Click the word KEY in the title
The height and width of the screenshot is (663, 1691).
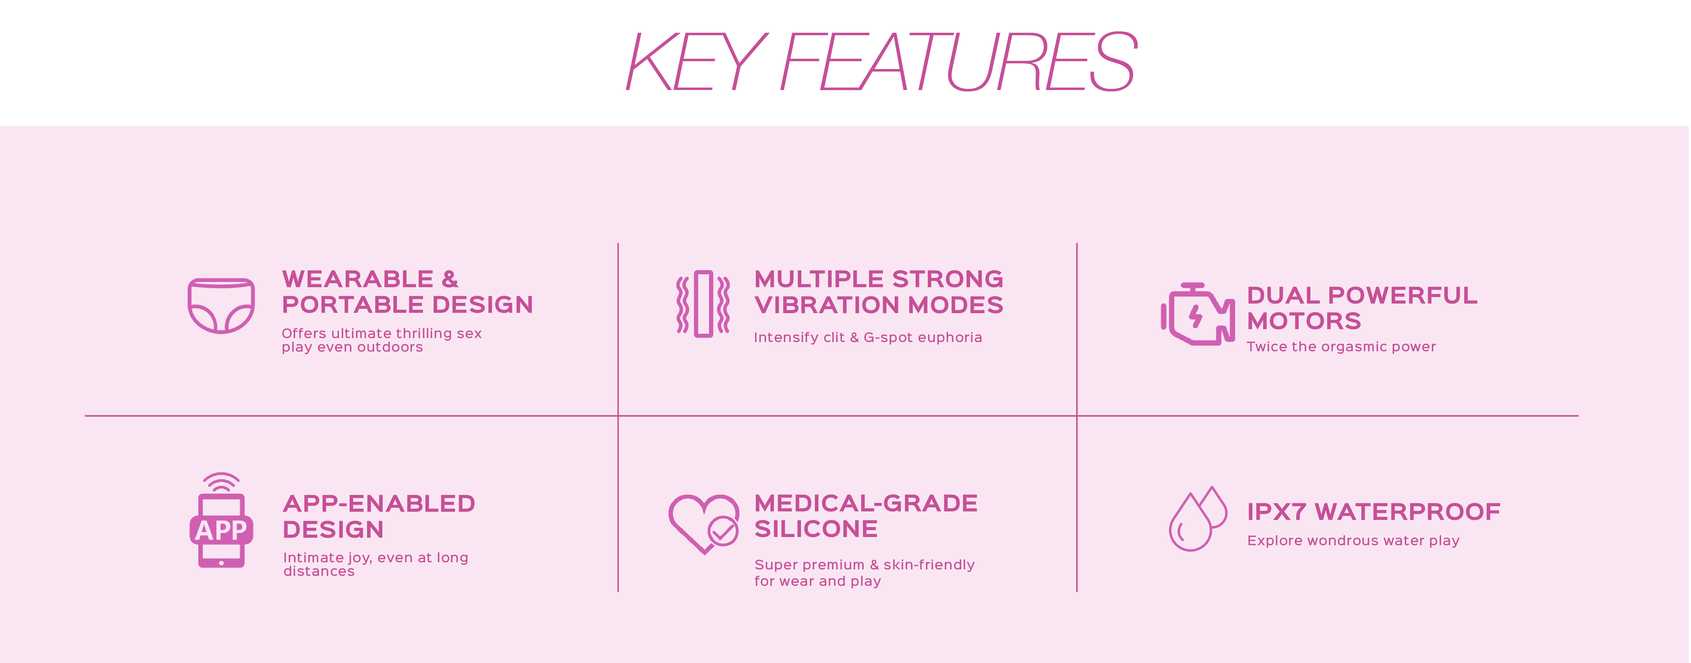point(696,62)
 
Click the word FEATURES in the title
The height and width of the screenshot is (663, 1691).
point(958,62)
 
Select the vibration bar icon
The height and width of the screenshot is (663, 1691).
point(703,304)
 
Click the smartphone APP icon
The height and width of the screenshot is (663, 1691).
point(221,522)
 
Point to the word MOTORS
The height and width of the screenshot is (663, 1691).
point(1304,321)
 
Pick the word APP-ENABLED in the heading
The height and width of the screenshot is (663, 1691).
point(379,504)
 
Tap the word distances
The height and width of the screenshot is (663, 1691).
point(319,572)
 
